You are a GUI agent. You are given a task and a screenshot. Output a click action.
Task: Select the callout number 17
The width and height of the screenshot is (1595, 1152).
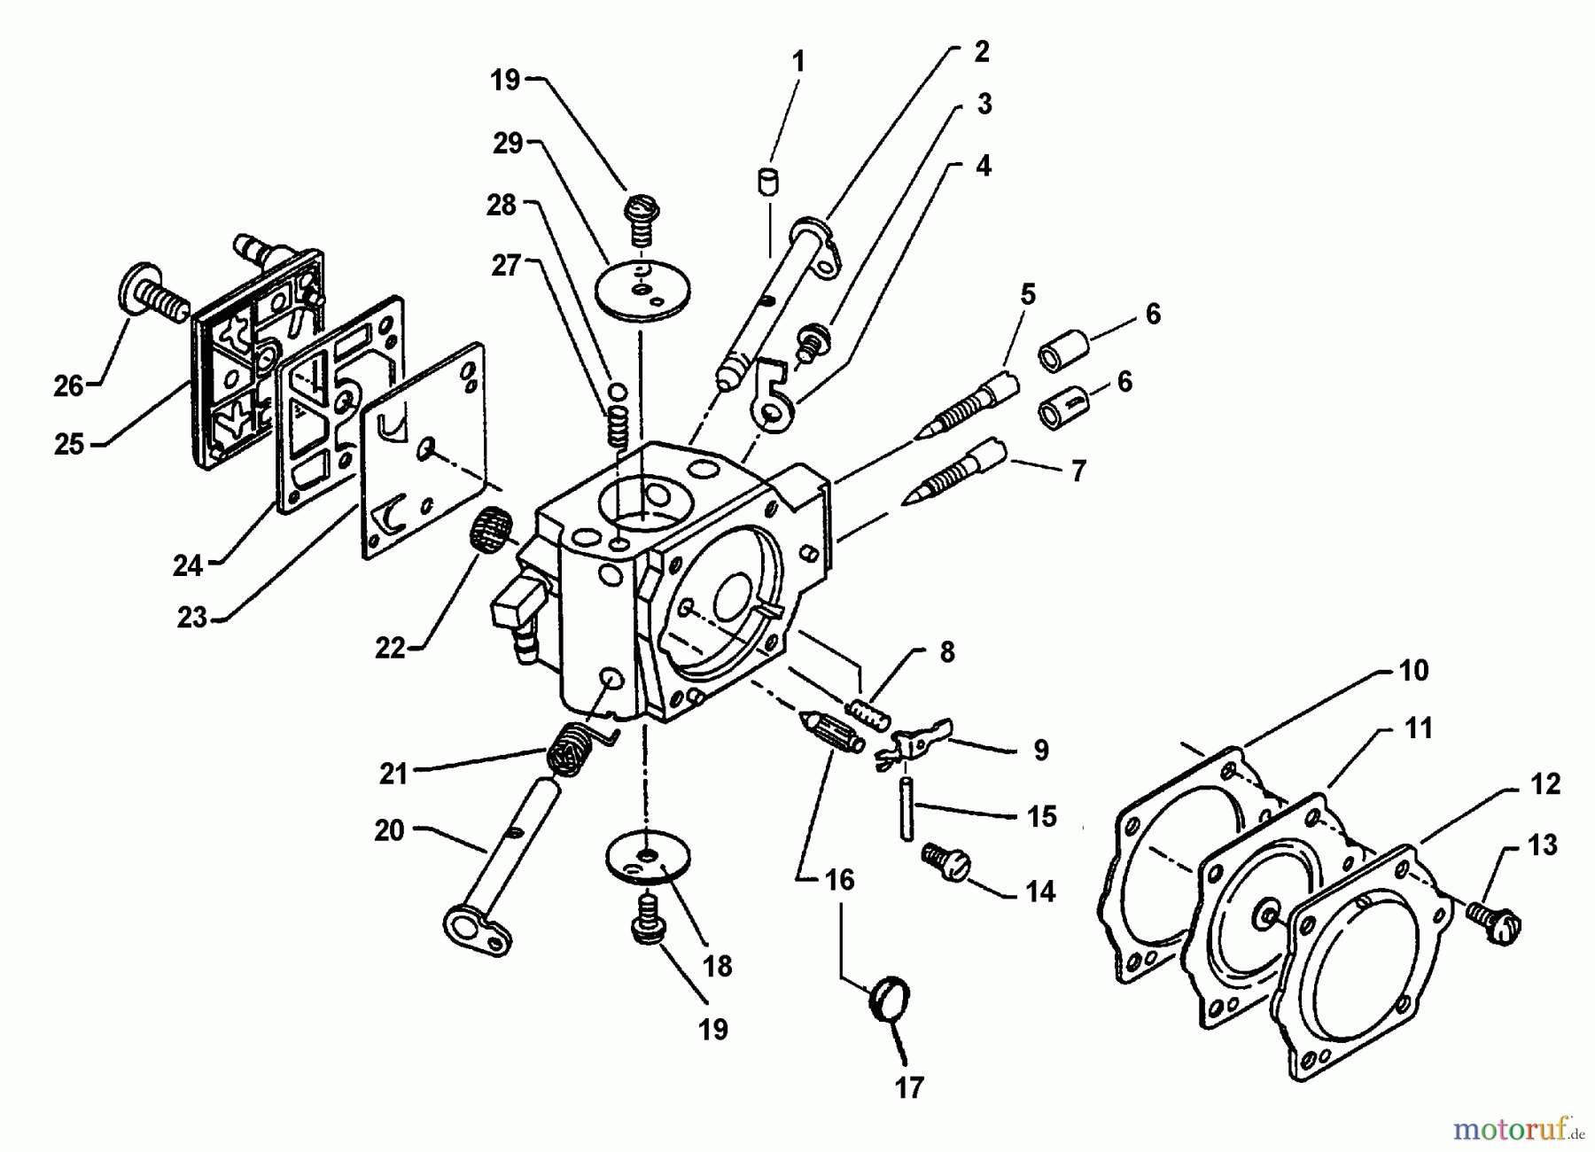(x=909, y=1086)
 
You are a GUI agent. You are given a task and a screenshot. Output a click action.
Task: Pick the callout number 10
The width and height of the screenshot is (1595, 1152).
(x=1413, y=670)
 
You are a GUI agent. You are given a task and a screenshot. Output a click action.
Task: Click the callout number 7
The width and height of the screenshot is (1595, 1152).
(x=1078, y=471)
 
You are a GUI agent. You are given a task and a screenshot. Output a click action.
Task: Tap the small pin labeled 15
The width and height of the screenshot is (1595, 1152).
(x=906, y=807)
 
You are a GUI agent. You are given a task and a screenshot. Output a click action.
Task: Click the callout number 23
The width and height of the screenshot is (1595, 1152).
(x=192, y=617)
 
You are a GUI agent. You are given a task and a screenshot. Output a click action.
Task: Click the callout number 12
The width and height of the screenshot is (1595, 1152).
(x=1544, y=784)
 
